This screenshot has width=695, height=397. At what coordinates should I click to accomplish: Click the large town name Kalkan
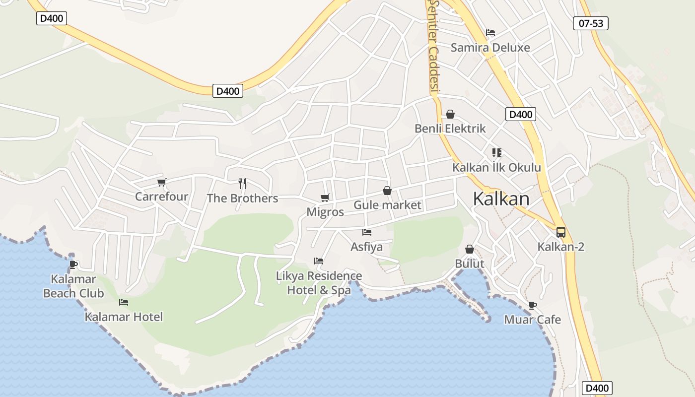[501, 198]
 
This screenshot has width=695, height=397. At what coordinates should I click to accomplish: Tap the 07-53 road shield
[591, 23]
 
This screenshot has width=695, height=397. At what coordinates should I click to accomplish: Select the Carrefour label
[161, 197]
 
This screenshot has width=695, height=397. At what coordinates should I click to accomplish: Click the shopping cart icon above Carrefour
[161, 183]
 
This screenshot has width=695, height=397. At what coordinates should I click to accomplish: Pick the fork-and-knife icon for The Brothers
[242, 184]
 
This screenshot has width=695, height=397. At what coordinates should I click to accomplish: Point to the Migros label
[325, 212]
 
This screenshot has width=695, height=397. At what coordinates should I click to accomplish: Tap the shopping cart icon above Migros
[325, 198]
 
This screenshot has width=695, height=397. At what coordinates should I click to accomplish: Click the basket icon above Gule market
[387, 191]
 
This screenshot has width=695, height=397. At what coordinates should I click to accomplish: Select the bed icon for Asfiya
[367, 232]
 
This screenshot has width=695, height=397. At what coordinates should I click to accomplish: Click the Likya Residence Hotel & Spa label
[319, 283]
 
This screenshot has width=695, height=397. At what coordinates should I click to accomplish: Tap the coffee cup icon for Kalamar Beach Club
[73, 265]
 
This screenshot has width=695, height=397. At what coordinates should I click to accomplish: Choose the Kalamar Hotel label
[124, 317]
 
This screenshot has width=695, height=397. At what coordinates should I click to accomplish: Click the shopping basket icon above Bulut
[469, 249]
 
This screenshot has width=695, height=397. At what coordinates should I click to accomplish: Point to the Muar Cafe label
[532, 320]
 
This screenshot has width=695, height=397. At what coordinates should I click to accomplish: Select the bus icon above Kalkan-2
[561, 232]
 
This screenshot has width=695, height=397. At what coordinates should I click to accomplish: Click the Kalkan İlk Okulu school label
[496, 168]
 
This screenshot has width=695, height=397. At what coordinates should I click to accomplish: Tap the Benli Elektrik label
[450, 129]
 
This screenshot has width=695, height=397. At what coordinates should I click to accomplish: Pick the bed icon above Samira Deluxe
[490, 33]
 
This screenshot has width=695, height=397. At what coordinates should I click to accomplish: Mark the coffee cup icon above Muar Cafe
[532, 305]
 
